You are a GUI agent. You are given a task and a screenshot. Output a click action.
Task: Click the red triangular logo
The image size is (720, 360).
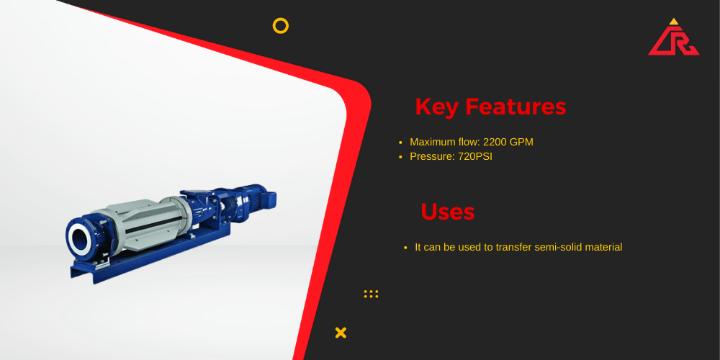[x=674, y=40]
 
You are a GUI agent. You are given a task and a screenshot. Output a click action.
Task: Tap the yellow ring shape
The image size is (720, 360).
[x=281, y=19]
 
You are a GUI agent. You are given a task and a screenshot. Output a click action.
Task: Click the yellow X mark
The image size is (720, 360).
[x=341, y=333]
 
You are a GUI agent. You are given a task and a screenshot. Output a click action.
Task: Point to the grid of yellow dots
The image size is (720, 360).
[x=371, y=294]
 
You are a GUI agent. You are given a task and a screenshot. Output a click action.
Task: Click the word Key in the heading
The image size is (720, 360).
[x=437, y=107]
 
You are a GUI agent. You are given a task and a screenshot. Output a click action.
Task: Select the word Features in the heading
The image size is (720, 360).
[x=516, y=107]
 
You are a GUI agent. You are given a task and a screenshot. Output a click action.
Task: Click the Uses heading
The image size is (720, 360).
[x=448, y=212]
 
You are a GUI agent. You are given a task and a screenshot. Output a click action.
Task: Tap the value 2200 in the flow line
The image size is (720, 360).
[x=495, y=142]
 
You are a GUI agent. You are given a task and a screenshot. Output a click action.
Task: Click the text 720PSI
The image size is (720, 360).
[x=475, y=156]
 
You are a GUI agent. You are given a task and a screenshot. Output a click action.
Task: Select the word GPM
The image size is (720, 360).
[x=521, y=142]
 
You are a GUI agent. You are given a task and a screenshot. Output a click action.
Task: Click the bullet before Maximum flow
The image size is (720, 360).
[x=400, y=143]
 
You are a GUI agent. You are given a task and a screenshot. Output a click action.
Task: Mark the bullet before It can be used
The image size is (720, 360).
[x=405, y=248]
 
